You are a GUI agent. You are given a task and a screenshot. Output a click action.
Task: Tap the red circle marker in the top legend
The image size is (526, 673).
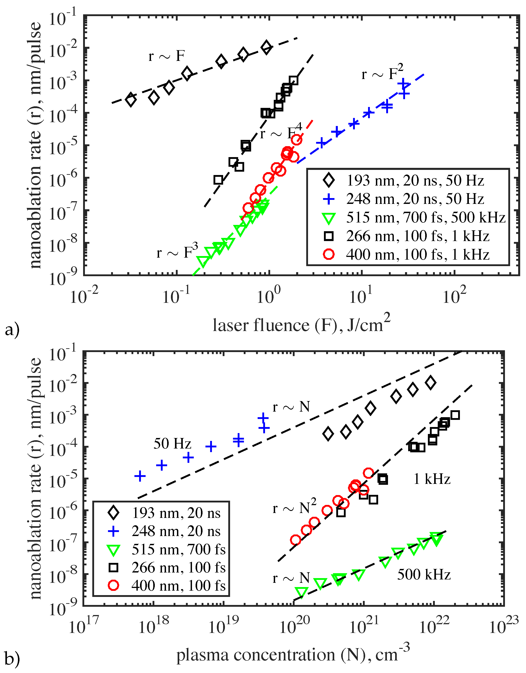329,254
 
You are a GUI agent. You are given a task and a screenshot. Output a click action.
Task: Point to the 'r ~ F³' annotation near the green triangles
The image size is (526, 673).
177,251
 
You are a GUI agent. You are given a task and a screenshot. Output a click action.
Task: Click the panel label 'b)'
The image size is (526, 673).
12,659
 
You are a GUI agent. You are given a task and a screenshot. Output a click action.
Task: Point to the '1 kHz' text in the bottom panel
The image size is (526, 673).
432,479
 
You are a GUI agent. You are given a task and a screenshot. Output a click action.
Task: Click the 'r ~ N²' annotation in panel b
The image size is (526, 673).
294,507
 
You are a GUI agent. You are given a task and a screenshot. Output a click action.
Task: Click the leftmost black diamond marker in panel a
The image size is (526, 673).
131,100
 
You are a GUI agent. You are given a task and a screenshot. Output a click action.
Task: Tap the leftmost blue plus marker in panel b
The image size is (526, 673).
140,476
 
